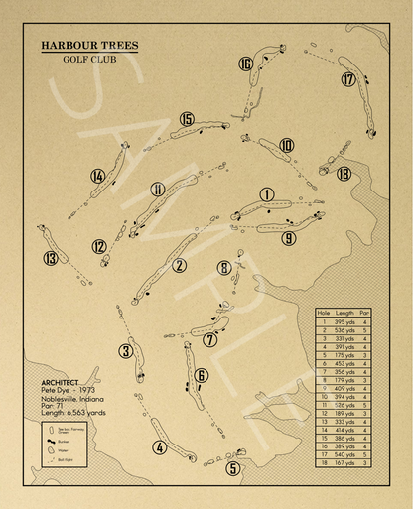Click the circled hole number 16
click(245, 64)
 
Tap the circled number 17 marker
click(348, 79)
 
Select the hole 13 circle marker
click(51, 259)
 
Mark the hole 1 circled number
click(266, 194)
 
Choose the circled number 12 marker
click(99, 247)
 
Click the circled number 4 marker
click(159, 447)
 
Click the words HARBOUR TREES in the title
click(89, 46)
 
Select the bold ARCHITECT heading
click(67, 383)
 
